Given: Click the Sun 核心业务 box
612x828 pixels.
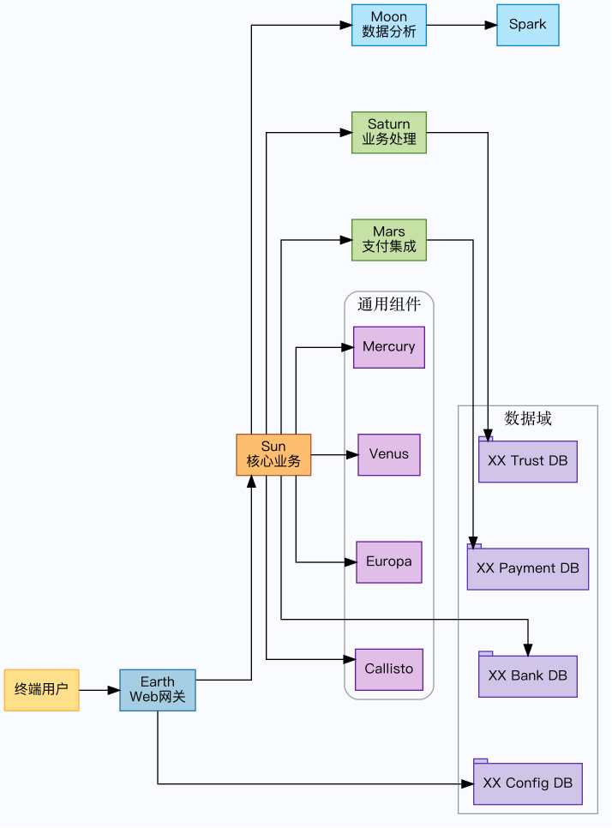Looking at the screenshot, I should coord(273,454).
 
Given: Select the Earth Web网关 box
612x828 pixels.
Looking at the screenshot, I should coord(158,689).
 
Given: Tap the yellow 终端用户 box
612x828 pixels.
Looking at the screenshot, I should coord(41,689).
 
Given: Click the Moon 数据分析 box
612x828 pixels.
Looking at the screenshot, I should coord(388,25).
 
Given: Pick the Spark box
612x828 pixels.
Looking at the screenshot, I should coord(527,25).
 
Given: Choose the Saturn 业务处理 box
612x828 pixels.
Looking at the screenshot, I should coord(388,132).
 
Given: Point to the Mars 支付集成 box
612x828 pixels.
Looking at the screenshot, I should coord(388,239).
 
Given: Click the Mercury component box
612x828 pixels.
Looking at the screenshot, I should coord(388,347).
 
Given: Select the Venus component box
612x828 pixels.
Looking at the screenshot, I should coord(388,454).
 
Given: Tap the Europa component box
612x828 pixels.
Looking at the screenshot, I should coord(388,562).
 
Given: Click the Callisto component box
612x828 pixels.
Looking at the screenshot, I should coord(388,669).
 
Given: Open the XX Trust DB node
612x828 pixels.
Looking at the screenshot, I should coord(527,461).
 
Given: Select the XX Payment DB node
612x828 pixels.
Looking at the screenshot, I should coord(527,568).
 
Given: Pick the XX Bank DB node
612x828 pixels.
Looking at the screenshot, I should coord(527,676).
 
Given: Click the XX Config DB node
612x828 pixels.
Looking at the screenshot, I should coord(527,783).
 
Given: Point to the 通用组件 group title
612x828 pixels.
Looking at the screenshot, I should coord(388,304).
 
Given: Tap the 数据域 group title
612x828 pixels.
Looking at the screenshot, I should coord(527,418).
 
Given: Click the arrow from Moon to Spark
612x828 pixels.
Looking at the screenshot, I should coord(461,25).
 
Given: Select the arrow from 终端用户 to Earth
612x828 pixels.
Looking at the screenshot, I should coord(99,689).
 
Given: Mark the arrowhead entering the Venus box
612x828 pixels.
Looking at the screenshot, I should coord(351,454).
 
